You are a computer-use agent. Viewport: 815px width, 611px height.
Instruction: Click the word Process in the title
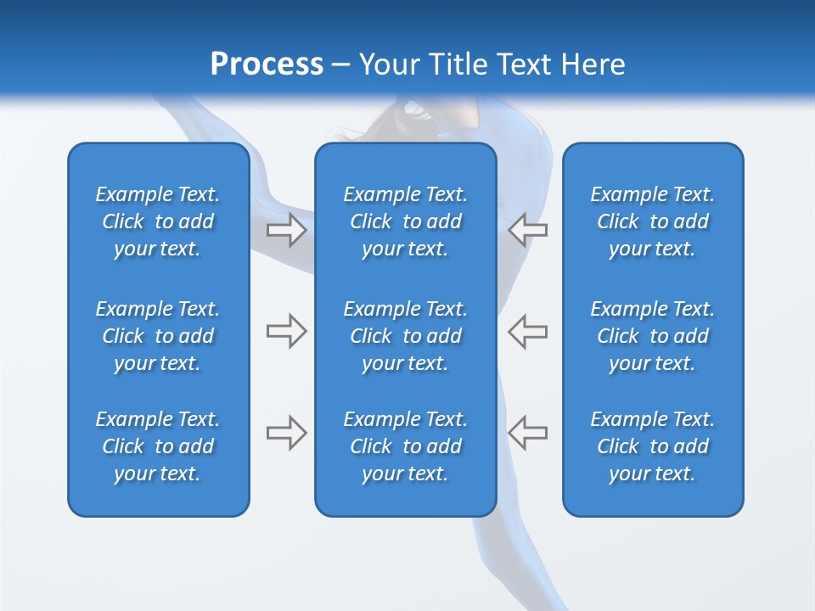coord(266,64)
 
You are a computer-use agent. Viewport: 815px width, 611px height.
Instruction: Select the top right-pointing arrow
coord(287,230)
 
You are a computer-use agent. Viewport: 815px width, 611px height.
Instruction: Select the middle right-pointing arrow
coord(287,331)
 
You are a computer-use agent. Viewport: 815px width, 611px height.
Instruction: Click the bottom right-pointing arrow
coord(287,432)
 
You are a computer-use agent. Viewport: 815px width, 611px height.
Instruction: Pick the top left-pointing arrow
coord(527,230)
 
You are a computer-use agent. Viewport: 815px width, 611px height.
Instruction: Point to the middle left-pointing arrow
coord(527,331)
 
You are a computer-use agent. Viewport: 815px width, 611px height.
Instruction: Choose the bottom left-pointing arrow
coord(527,432)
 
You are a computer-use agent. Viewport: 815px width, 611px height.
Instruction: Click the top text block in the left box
coord(158,221)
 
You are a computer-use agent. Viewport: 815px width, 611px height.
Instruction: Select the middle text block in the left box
coord(158,336)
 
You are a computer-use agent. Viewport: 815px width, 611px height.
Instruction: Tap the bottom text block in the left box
coord(158,446)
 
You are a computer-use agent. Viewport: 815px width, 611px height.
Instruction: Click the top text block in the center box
coord(405,221)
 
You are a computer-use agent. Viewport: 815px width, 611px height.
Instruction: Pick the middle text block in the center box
coord(405,336)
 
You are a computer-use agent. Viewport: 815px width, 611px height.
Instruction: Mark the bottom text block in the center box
coord(405,446)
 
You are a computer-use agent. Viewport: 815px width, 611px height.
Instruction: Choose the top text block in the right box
coord(652,221)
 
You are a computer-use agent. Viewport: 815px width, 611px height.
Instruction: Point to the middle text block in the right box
coord(652,336)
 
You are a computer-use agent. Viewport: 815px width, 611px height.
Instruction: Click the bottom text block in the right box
coord(652,446)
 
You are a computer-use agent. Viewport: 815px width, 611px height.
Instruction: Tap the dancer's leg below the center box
coord(497,560)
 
